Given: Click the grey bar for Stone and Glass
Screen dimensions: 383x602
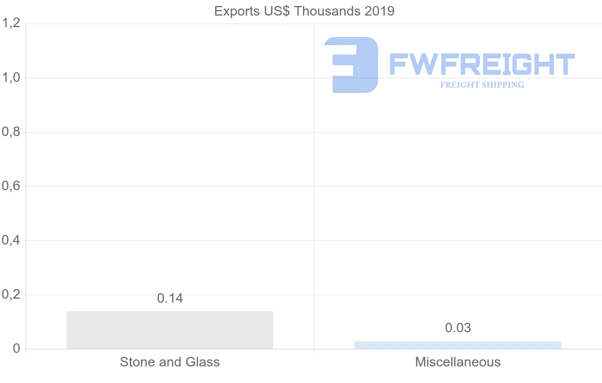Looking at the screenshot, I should [x=170, y=330].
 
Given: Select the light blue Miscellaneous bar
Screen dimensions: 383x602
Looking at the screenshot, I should [x=458, y=345].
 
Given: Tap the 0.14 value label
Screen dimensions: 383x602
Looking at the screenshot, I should [x=170, y=298].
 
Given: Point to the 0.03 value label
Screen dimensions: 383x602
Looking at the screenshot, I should [x=458, y=328].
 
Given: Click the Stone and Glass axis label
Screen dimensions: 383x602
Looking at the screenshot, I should [x=170, y=362].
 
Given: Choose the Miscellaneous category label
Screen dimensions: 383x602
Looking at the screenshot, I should [x=458, y=362].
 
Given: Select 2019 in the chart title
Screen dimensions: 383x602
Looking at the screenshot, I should [x=380, y=11].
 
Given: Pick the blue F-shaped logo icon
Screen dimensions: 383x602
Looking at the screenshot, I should [x=351, y=65].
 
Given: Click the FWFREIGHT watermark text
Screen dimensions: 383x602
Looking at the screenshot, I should [x=482, y=65].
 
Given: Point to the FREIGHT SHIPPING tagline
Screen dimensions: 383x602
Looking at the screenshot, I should [x=482, y=85].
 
